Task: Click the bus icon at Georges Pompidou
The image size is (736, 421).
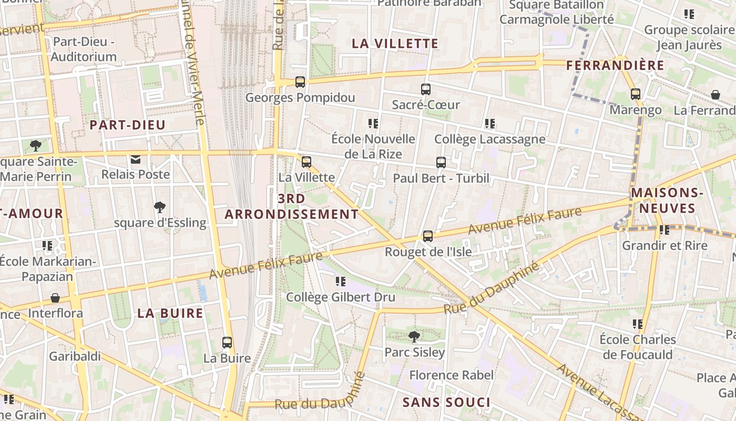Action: click(x=300, y=82)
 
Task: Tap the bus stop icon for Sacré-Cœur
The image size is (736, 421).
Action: click(x=426, y=89)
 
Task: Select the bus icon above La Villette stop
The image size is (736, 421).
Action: click(x=306, y=162)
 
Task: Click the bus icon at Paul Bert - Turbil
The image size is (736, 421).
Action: click(x=441, y=163)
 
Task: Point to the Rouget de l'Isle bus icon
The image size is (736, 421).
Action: click(x=428, y=236)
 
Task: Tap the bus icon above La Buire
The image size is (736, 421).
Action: click(x=227, y=343)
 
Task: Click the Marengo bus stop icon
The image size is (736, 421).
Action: click(x=636, y=94)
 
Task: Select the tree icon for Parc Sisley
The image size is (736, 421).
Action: click(x=414, y=336)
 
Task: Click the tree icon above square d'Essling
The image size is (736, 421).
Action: click(x=160, y=207)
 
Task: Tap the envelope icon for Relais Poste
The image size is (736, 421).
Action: click(x=136, y=159)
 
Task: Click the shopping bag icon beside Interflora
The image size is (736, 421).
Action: click(x=55, y=298)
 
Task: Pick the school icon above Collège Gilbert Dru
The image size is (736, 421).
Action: click(x=341, y=282)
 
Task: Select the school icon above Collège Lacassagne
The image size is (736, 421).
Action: click(x=490, y=124)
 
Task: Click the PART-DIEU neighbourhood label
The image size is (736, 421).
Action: click(x=127, y=125)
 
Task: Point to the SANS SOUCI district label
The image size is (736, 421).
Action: click(x=446, y=403)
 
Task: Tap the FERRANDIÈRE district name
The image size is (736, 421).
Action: click(x=615, y=66)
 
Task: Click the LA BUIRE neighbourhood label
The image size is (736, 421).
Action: click(x=170, y=313)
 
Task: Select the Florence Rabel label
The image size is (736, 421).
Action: click(x=452, y=375)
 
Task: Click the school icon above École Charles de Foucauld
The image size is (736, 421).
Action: click(x=638, y=324)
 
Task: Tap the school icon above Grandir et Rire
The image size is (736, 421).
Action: click(x=665, y=230)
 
